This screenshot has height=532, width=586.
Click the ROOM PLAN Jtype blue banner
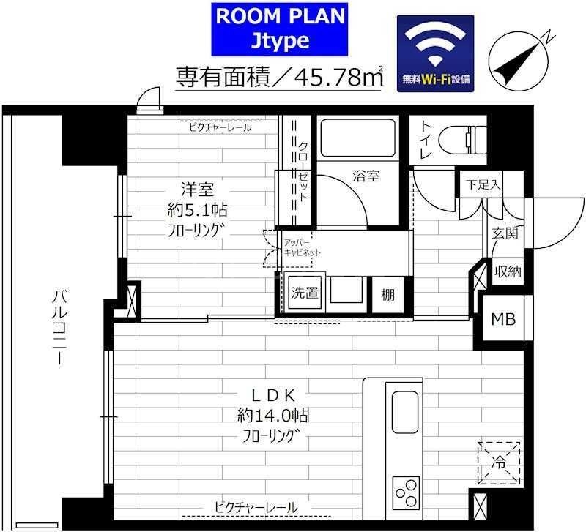(x=280, y=29)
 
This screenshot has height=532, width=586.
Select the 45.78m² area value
(x=330, y=76)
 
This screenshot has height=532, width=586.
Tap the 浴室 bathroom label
(x=366, y=176)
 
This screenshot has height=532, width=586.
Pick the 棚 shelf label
(x=387, y=295)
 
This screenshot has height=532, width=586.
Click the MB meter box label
(x=502, y=319)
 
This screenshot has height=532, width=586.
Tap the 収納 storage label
(x=507, y=273)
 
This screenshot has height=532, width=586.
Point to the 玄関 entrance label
(x=505, y=234)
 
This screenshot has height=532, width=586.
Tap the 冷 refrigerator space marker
(x=498, y=462)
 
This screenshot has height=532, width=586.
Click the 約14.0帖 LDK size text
(x=272, y=416)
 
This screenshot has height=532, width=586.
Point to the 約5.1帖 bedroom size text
(x=198, y=211)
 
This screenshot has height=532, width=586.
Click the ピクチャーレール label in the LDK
(x=256, y=507)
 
